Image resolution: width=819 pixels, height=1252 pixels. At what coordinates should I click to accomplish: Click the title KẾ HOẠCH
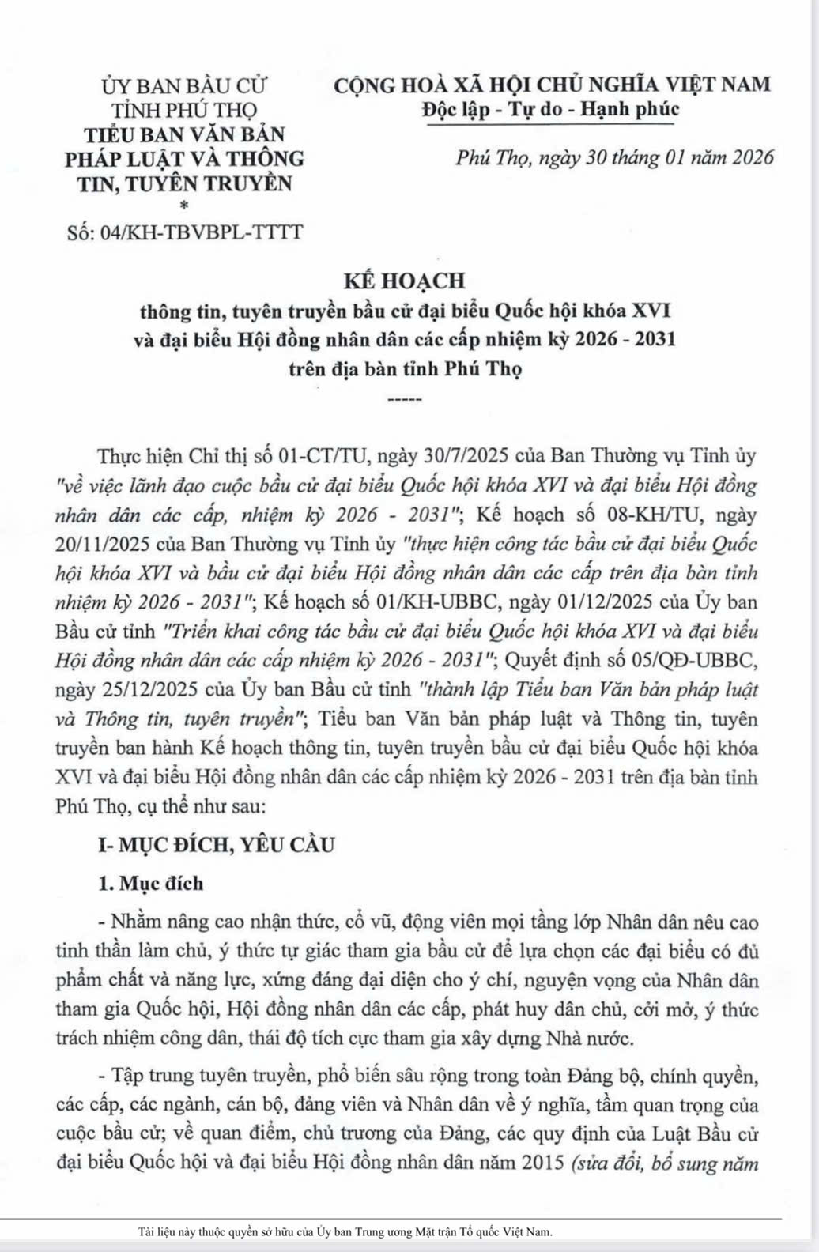pos(404,281)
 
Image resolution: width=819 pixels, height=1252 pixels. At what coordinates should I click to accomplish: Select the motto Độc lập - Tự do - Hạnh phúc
pos(550,108)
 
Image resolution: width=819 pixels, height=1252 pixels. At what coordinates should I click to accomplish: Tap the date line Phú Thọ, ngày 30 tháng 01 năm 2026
pos(614,158)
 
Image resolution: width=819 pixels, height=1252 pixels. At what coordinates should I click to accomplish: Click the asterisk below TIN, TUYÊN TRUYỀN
pos(185,206)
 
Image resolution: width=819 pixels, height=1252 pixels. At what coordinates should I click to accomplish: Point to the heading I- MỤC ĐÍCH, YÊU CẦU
pos(216,845)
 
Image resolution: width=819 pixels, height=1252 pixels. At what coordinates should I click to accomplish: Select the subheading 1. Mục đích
pos(150,884)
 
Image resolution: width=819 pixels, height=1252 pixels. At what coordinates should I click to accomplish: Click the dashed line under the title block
pos(406,399)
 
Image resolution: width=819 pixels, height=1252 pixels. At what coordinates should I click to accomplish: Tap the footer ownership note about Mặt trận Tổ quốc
pos(345,1231)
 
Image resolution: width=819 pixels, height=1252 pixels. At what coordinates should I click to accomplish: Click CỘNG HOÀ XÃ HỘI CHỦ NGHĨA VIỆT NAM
pos(551,84)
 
